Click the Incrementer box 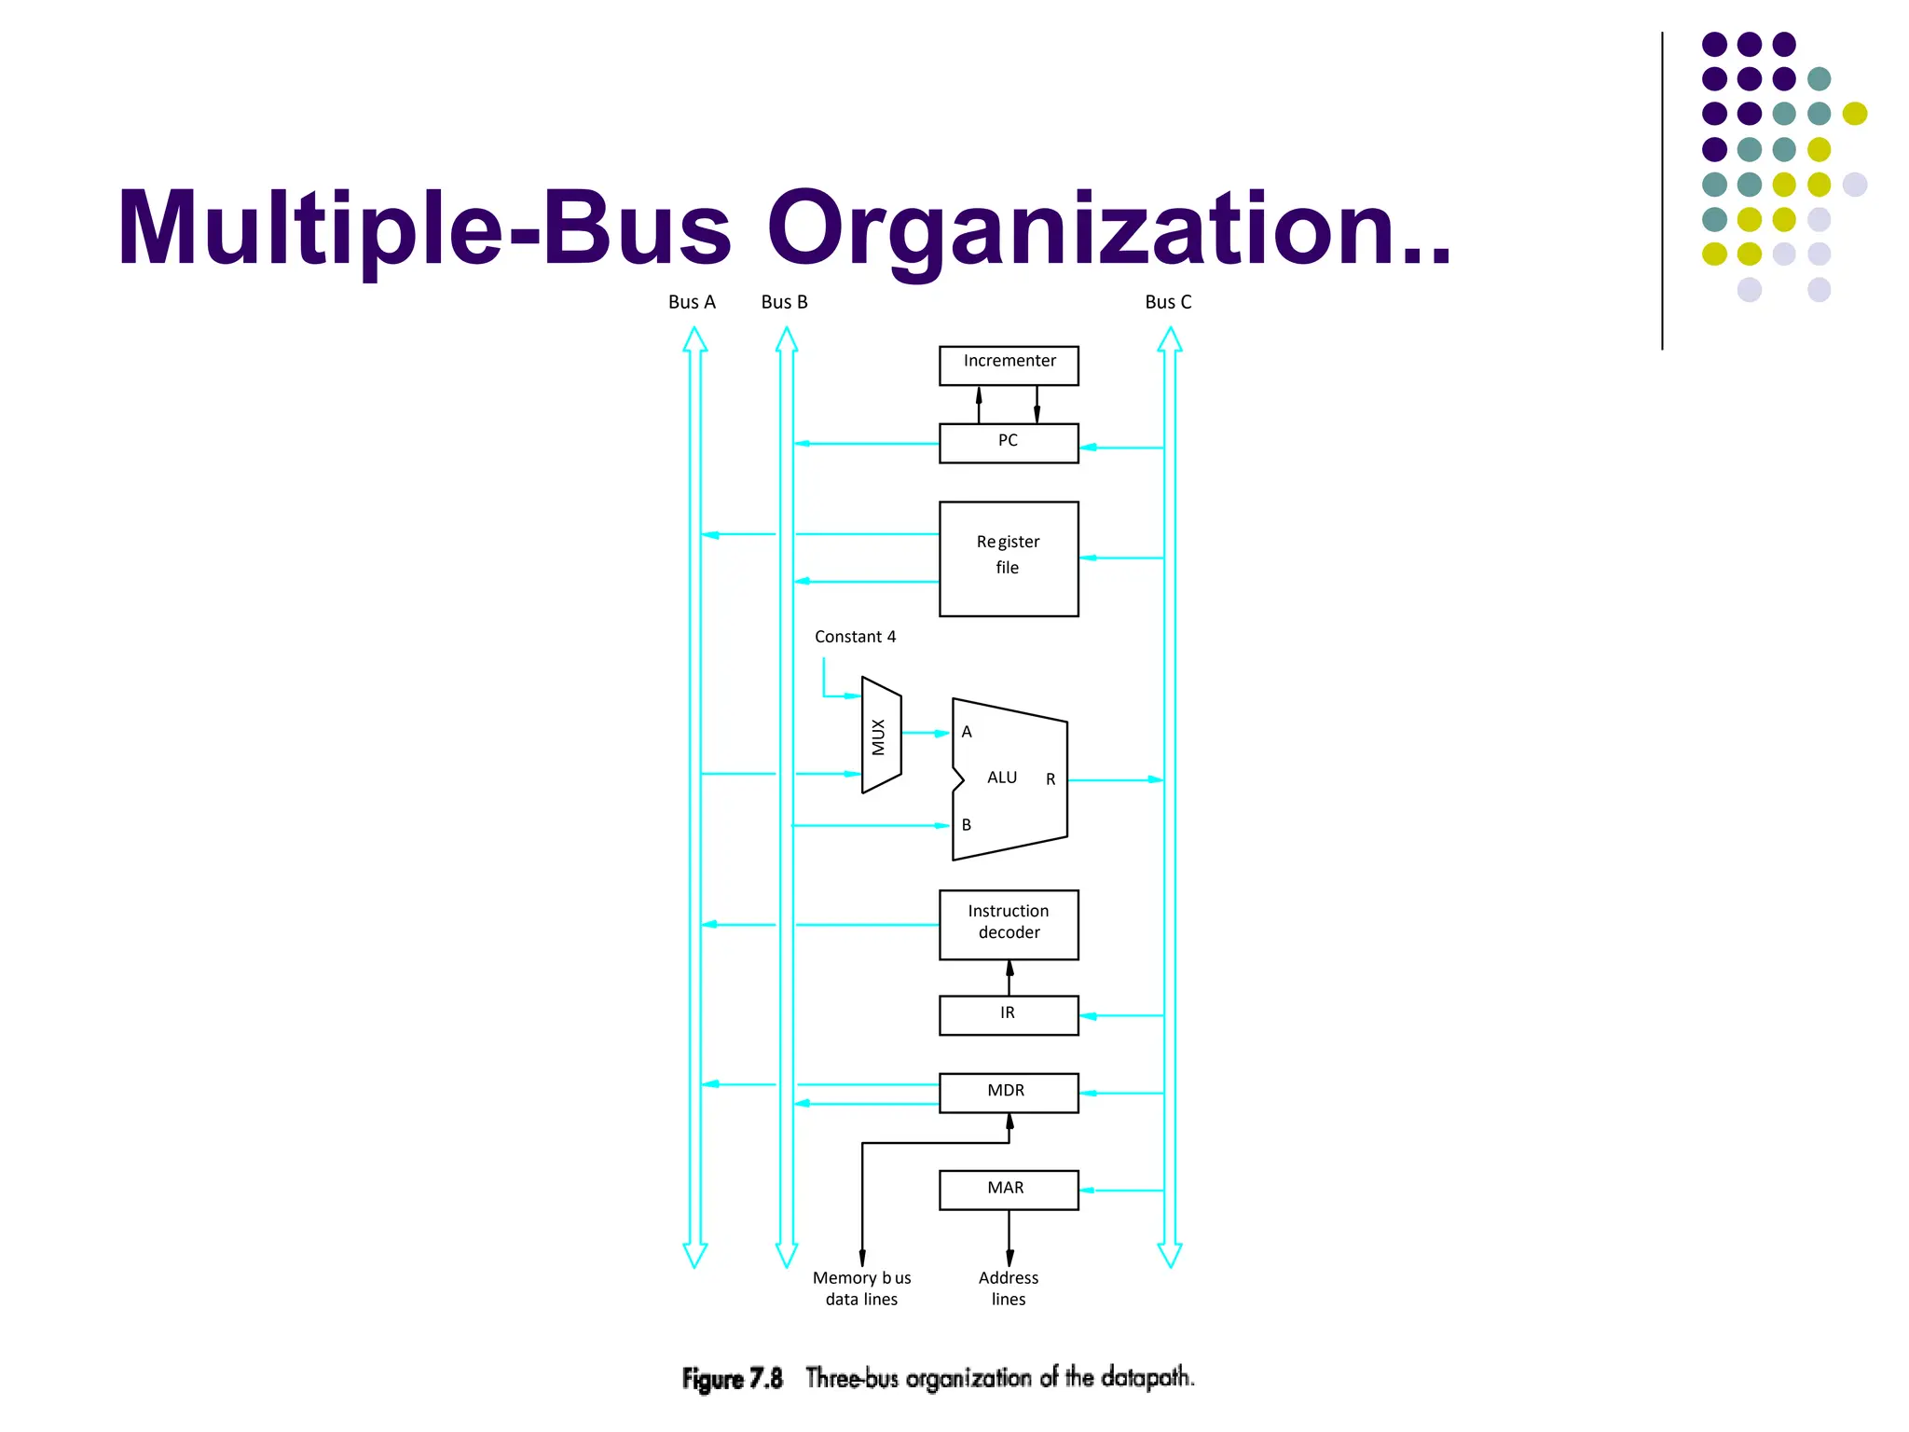click(x=1009, y=365)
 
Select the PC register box click(x=1009, y=443)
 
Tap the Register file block click(x=1009, y=558)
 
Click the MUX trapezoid click(x=880, y=736)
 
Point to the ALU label click(x=1002, y=778)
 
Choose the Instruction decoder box click(x=1009, y=924)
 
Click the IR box click(x=1009, y=1014)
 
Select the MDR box click(x=1009, y=1093)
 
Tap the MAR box click(x=1009, y=1190)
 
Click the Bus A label click(x=692, y=302)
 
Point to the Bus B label click(x=784, y=302)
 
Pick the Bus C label click(x=1168, y=302)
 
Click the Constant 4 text click(x=855, y=637)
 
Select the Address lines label click(x=1009, y=1288)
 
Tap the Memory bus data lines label click(x=861, y=1288)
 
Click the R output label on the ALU click(x=1051, y=779)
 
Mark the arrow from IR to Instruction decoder click(x=1009, y=978)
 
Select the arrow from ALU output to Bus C click(x=1115, y=779)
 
